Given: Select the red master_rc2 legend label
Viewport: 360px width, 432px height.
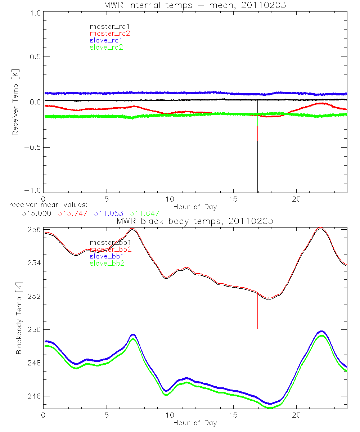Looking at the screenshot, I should [109, 33].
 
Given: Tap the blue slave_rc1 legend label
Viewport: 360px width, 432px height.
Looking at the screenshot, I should [106, 40].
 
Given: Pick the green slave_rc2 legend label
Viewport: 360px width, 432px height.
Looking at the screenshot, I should [106, 47].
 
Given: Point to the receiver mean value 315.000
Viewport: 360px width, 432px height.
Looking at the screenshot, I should [36, 213].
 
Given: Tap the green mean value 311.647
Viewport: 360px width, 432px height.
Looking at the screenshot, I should [144, 213].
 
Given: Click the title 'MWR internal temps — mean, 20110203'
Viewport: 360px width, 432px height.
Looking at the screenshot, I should [195, 5].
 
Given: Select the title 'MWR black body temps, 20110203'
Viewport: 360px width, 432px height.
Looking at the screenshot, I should [195, 221].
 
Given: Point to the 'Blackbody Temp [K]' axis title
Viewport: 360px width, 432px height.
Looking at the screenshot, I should [18, 318].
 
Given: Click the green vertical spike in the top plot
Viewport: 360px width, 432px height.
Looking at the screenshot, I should [255, 144].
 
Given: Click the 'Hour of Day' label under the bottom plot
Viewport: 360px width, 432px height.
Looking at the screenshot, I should [195, 423].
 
